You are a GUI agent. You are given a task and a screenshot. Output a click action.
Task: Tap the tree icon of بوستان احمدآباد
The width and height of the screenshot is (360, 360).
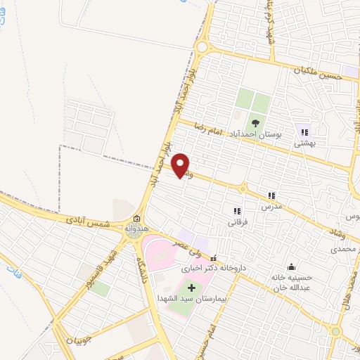[x=255, y=124]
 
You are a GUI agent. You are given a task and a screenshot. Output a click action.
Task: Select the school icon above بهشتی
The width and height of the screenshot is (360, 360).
[x=304, y=131]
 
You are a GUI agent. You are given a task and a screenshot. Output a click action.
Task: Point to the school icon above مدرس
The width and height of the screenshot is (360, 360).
[x=271, y=196]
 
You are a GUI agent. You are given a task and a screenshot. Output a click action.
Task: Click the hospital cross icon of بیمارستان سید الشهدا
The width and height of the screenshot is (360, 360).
[x=191, y=288]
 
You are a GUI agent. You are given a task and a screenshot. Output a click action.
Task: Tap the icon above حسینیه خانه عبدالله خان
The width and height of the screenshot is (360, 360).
[x=291, y=266]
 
